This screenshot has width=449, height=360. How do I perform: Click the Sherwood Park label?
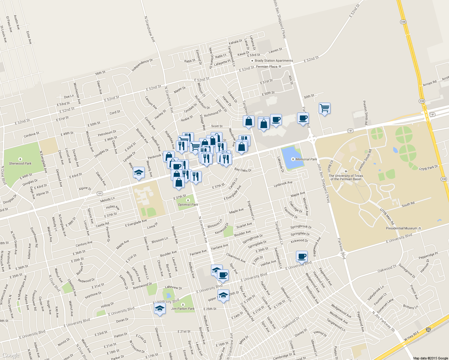click(20, 163)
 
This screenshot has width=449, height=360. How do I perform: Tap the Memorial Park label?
click(306, 159)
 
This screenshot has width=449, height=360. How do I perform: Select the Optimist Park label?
click(188, 205)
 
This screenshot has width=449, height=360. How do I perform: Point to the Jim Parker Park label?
click(183, 308)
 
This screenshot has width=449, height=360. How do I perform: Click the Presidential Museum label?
click(402, 228)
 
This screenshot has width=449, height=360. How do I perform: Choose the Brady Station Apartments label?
click(274, 61)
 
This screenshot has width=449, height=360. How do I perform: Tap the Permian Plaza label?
click(267, 67)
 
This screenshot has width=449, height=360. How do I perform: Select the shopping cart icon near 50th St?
click(324, 108)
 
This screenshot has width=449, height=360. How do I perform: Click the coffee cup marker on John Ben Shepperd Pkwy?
click(303, 118)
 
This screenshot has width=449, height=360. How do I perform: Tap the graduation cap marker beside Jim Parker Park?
click(160, 308)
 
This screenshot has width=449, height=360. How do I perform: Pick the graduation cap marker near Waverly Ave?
click(139, 172)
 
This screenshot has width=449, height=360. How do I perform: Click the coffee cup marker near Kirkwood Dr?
click(302, 256)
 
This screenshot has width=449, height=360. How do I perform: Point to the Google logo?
click(11, 355)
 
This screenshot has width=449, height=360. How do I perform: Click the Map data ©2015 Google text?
click(430, 358)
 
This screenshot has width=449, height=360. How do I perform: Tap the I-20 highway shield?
click(429, 330)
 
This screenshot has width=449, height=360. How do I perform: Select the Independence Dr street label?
click(142, 65)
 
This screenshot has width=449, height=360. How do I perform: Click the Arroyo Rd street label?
click(430, 83)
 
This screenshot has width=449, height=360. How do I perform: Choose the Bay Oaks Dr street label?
click(243, 170)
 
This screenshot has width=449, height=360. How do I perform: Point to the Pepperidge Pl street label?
click(428, 256)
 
